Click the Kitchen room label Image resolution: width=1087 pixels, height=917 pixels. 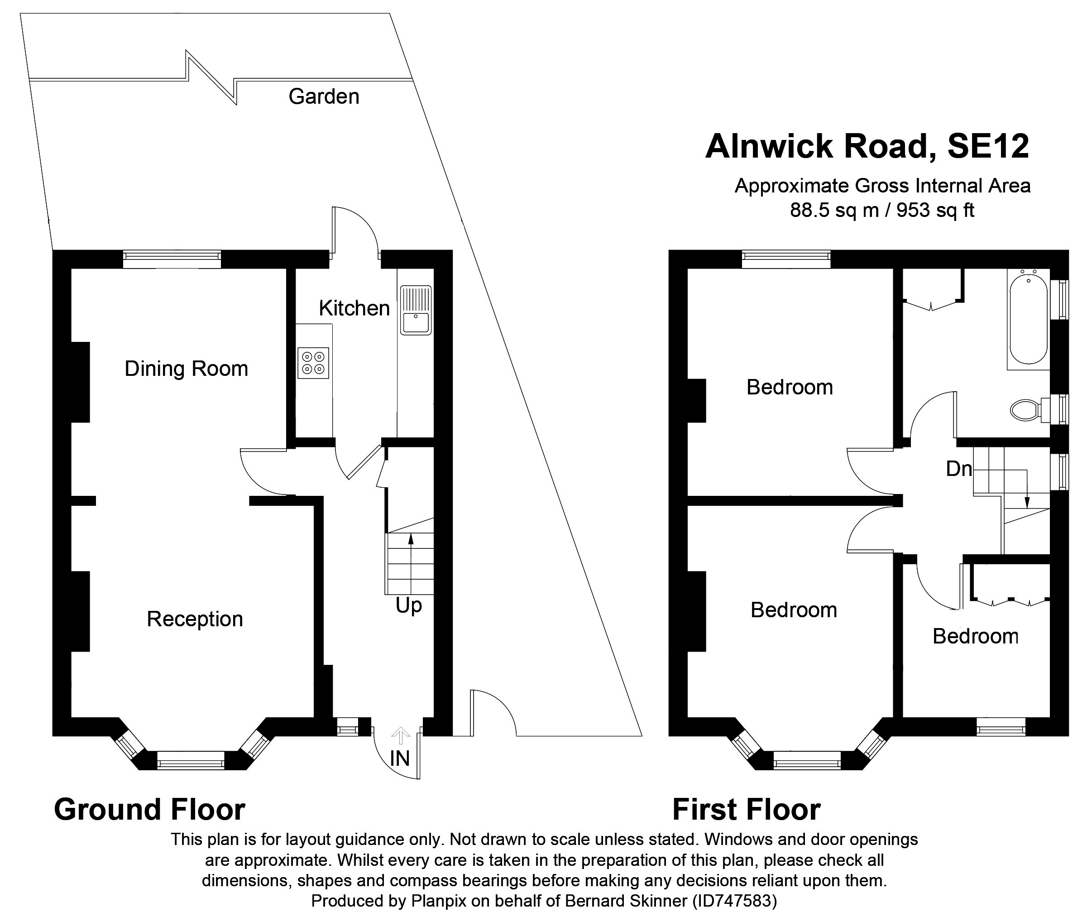[x=354, y=308]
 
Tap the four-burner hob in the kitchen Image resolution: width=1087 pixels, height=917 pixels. [x=313, y=362]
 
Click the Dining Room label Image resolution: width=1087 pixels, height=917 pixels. [x=186, y=369]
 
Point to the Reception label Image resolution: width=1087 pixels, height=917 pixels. [x=195, y=619]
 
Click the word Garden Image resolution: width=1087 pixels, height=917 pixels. [x=324, y=97]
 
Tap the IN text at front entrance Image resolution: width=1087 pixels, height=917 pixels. [x=400, y=759]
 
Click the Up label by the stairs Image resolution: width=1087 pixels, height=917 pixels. [x=408, y=605]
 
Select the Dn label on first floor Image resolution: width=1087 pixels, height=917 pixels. [x=959, y=469]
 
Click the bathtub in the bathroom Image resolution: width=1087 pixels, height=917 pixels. [x=1027, y=319]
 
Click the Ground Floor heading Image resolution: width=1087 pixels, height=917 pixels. [x=150, y=809]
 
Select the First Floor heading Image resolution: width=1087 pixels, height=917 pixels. [x=746, y=809]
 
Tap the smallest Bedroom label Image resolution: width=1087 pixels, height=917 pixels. [x=975, y=636]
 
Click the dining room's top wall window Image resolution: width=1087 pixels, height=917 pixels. [x=172, y=259]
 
